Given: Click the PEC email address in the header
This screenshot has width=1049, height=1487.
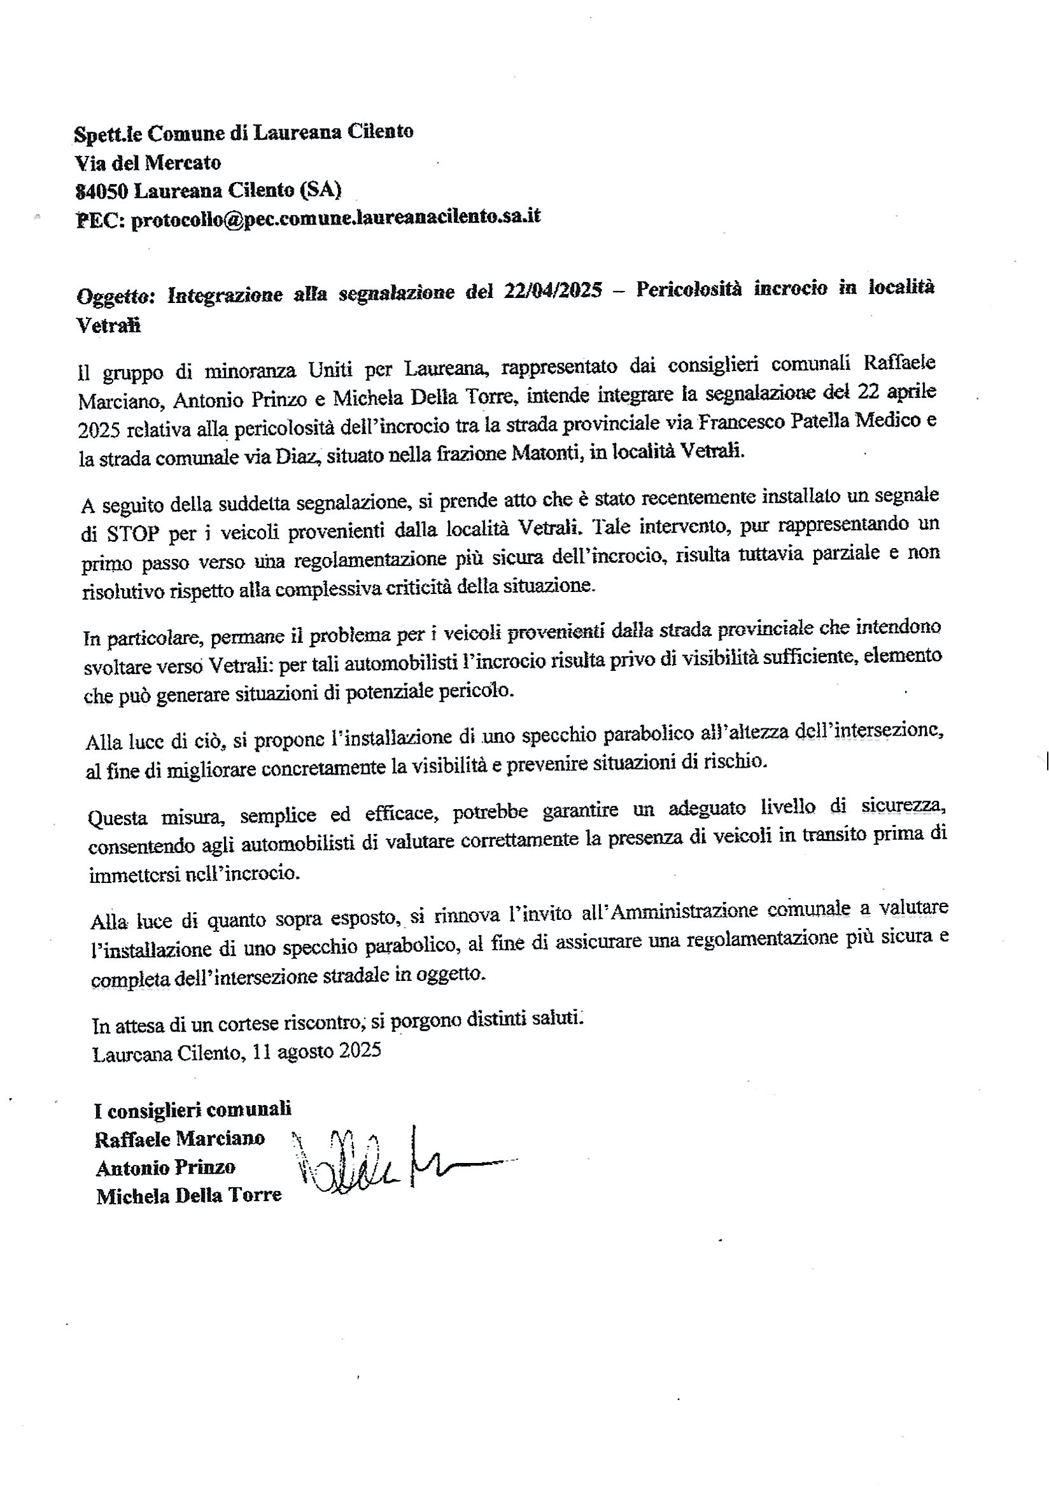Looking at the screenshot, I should pos(335,217).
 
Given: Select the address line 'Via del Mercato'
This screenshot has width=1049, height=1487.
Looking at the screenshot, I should pos(148,162).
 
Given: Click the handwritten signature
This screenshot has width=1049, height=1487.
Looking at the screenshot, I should pos(388,1167).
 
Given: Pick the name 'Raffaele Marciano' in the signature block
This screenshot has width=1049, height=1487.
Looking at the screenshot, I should pos(180,1138).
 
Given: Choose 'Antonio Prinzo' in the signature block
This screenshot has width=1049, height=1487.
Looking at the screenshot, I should pos(165,1167).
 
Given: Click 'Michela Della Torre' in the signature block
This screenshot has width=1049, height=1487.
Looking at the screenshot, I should pos(188,1195).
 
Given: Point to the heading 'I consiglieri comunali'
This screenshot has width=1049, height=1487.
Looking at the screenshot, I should pos(192,1110).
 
